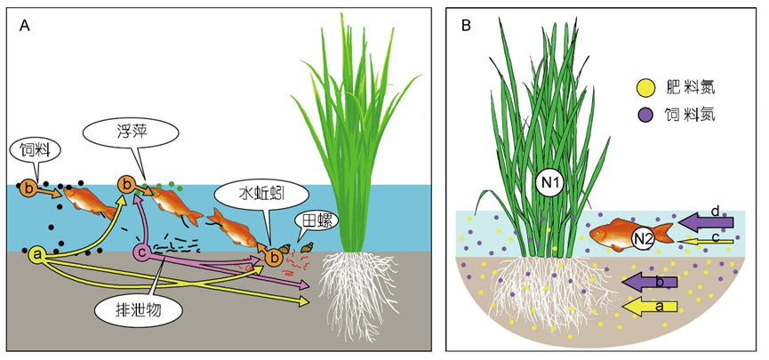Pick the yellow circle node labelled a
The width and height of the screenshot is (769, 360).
click(x=37, y=255)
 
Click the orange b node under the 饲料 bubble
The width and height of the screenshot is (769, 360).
click(x=29, y=188)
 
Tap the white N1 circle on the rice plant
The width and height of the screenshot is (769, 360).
click(x=549, y=181)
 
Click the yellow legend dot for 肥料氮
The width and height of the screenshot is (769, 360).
click(x=645, y=87)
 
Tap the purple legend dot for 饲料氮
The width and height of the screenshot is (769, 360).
click(x=645, y=115)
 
